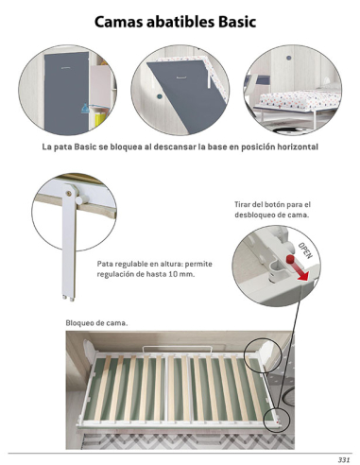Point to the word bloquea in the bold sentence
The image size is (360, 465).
(x=132, y=146)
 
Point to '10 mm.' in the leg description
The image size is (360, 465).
(x=182, y=273)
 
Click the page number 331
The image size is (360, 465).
(x=343, y=458)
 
